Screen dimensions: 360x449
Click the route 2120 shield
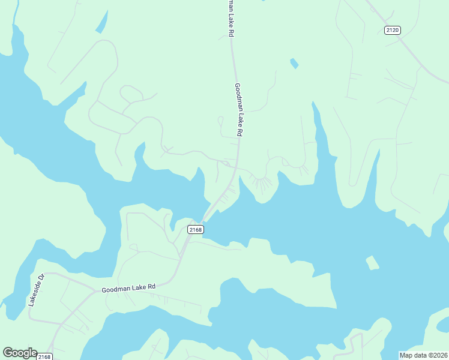pos(392,30)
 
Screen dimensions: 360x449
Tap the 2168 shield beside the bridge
pos(195,229)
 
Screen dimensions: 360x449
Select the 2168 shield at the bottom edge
pos(44,357)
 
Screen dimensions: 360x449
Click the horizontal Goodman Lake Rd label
pos(128,288)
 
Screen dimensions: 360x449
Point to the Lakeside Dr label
pos(37,290)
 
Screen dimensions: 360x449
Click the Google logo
pos(20,353)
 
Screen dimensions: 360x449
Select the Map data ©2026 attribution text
pos(424,355)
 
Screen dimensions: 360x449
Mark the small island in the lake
pos(373,263)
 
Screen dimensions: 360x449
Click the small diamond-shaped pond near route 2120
pos(294,63)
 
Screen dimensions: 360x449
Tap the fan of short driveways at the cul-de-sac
pos(261,182)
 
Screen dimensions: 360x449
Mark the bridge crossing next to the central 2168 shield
pos(207,215)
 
